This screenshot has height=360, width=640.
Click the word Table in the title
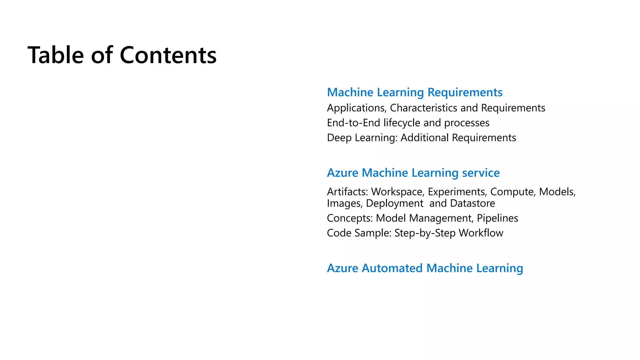click(56, 55)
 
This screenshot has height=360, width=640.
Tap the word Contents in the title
click(168, 55)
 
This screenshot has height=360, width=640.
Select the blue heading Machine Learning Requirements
click(415, 92)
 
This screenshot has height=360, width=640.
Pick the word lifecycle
click(402, 123)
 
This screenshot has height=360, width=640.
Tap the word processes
click(467, 123)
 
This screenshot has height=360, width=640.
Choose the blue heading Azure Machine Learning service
click(413, 172)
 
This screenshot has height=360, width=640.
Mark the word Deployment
click(395, 203)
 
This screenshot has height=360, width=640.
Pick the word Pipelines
click(497, 218)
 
